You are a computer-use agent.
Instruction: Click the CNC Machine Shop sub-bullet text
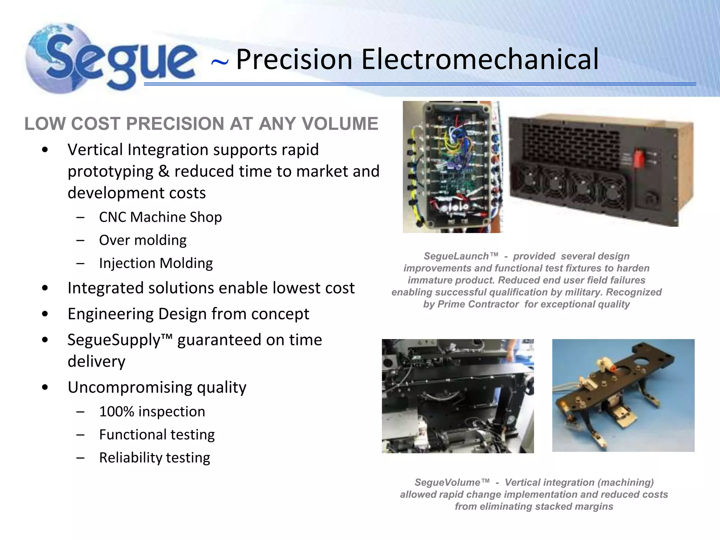click(160, 217)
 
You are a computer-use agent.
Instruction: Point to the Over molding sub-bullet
click(143, 240)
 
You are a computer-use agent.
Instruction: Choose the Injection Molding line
click(156, 263)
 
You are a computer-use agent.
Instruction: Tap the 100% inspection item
click(152, 412)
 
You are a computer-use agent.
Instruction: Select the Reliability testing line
click(154, 458)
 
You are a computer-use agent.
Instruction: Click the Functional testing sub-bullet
click(157, 435)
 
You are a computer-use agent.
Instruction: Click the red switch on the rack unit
click(639, 158)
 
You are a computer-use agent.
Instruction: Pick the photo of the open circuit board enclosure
click(452, 167)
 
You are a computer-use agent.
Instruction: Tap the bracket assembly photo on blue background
click(623, 395)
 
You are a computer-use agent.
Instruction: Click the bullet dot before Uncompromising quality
click(45, 387)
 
